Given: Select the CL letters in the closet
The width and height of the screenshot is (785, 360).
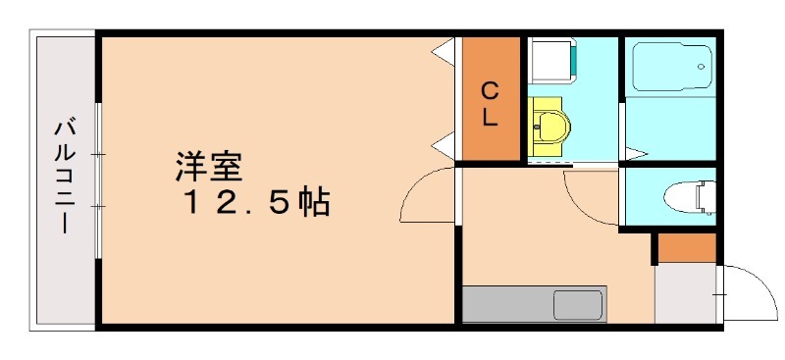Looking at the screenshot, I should click(x=491, y=104).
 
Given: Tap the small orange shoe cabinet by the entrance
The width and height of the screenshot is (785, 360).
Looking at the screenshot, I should click(x=687, y=248).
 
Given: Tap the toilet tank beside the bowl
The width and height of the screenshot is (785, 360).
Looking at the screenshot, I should click(x=708, y=197).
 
